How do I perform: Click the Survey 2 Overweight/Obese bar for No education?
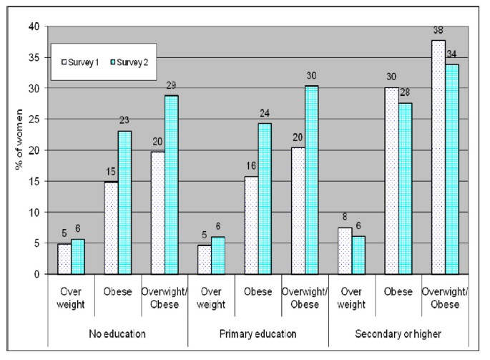(172, 184)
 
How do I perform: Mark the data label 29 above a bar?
(172, 85)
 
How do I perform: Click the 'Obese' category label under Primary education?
(258, 291)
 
